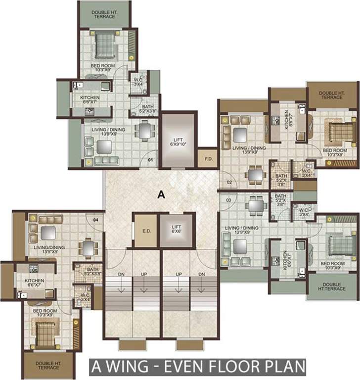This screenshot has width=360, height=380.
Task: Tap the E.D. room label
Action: pos(145,231)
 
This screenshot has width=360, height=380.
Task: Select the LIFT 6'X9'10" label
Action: pos(177,142)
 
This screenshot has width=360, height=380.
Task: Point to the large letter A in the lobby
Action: pos(160,195)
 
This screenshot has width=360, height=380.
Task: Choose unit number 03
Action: pos(229,199)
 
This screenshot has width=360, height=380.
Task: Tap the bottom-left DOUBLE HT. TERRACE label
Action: pos(47,366)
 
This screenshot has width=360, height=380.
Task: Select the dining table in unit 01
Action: pos(143,131)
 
